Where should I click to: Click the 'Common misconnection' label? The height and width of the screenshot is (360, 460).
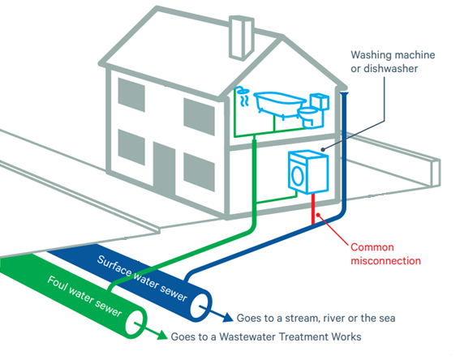[385, 253]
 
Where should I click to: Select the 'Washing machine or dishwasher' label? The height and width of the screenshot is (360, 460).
[393, 62]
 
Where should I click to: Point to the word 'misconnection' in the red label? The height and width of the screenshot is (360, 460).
[386, 261]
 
